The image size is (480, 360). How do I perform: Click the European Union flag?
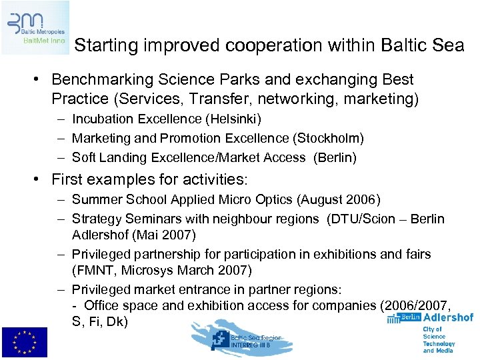tap(24, 343)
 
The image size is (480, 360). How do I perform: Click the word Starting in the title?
tap(103, 45)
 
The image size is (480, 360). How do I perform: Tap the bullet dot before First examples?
tap(39, 179)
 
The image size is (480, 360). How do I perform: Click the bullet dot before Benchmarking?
tap(39, 79)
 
